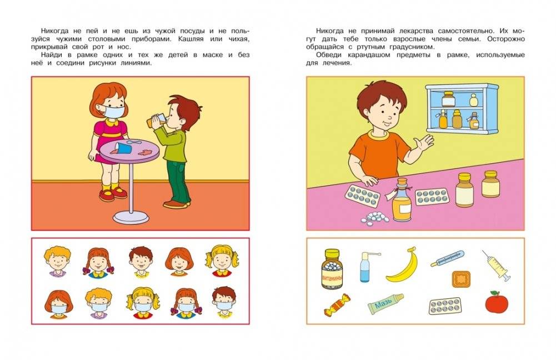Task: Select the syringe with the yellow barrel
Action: tap(495, 265)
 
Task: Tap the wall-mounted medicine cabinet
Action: tap(462, 109)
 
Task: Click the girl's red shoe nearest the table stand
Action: tap(119, 192)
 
